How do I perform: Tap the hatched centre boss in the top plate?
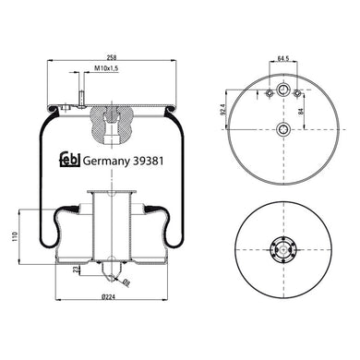tap(111, 116)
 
